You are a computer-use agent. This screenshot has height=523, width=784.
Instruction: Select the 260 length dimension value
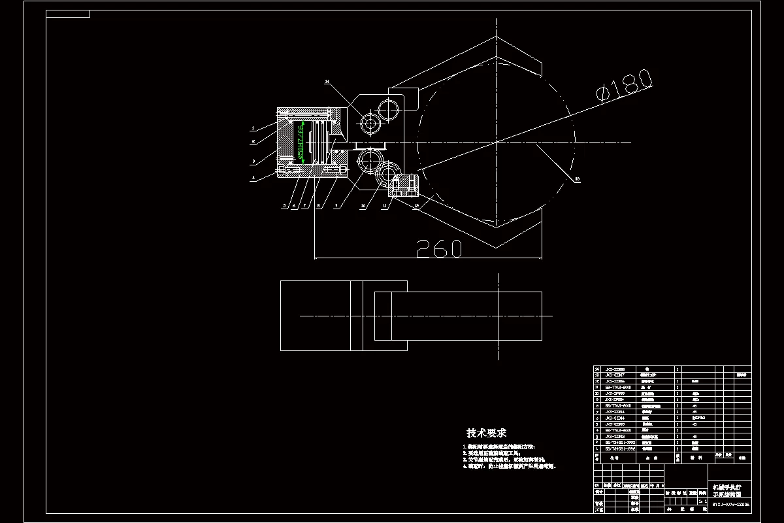[x=439, y=248]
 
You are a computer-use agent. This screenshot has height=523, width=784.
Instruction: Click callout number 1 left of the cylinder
[x=253, y=127]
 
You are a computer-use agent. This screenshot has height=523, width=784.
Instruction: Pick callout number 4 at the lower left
[x=253, y=177]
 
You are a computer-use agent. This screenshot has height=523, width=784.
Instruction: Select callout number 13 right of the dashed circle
[x=577, y=178]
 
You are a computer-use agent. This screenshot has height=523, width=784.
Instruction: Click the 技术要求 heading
[x=486, y=433]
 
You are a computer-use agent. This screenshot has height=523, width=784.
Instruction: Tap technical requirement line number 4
[x=510, y=467]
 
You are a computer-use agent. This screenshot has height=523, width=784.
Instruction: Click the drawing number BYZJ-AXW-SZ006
[x=730, y=505]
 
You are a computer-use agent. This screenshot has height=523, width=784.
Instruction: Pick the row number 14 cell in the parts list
[x=596, y=369]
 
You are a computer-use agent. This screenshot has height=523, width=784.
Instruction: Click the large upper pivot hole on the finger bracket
[x=391, y=107]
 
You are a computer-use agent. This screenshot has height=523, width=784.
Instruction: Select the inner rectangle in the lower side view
[x=457, y=315]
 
